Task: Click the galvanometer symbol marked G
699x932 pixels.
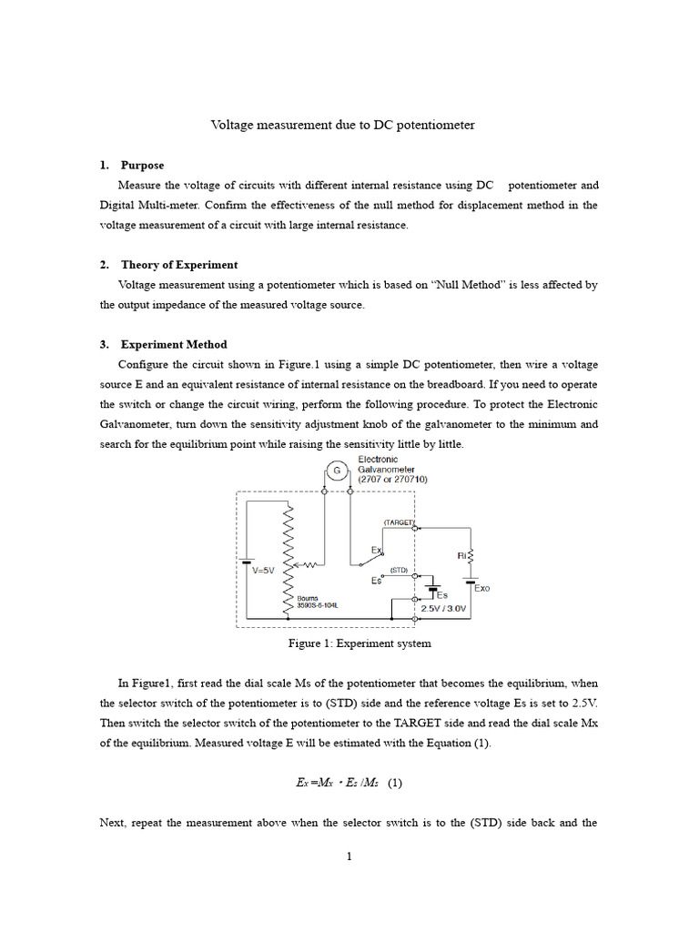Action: coord(337,471)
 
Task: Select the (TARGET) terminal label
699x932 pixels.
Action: coord(399,523)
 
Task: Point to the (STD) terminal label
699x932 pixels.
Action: coord(400,570)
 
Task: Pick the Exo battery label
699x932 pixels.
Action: coord(481,588)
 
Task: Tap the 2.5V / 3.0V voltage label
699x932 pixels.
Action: coord(443,608)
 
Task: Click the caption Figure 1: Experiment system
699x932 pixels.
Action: coord(360,643)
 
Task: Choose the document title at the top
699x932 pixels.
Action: coord(343,125)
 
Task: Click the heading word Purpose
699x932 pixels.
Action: coord(142,165)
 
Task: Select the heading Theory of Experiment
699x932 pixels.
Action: coord(179,265)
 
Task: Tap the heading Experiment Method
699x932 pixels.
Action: coord(174,344)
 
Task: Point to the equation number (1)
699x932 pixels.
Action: coord(395,782)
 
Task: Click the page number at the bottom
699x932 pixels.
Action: coord(349,856)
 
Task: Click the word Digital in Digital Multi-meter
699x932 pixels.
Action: coord(119,205)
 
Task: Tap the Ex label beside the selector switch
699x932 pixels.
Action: coord(377,551)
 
